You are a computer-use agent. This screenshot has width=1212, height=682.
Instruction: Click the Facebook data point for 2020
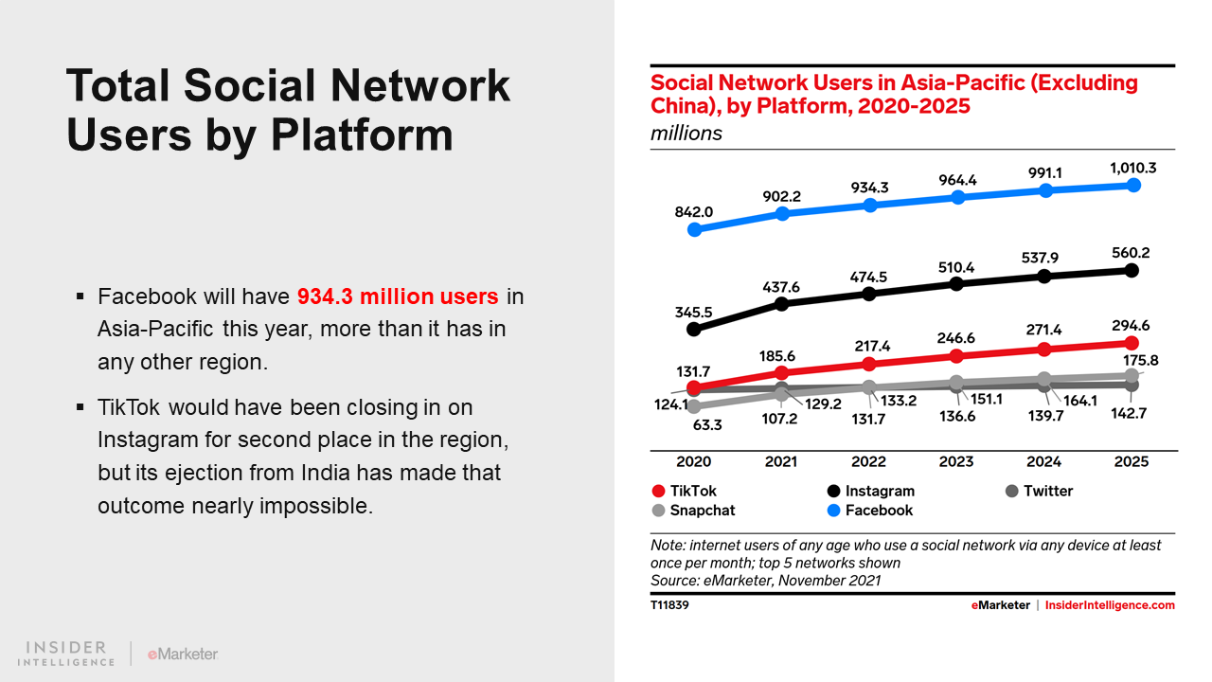pos(695,229)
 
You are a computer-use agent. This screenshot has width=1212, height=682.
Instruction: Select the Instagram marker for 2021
pos(781,304)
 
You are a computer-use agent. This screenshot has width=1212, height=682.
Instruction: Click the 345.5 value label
pos(694,311)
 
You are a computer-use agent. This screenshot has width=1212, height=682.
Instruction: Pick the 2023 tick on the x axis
pos(956,461)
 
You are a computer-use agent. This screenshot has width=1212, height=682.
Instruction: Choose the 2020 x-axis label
pos(694,461)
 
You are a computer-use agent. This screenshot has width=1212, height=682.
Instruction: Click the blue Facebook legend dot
pos(834,511)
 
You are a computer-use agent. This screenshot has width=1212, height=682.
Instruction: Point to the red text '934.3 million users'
pos(398,296)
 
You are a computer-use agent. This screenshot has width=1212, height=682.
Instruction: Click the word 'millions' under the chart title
pos(686,134)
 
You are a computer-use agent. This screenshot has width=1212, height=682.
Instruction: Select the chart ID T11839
pos(669,605)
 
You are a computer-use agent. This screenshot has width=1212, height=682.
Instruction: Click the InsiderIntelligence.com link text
pos(1110,605)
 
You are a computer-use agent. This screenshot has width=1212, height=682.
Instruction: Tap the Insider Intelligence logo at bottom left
pos(67,654)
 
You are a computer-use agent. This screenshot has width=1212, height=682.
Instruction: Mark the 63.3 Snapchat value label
pos(707,424)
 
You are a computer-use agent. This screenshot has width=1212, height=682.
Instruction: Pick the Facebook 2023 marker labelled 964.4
pos(957,197)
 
